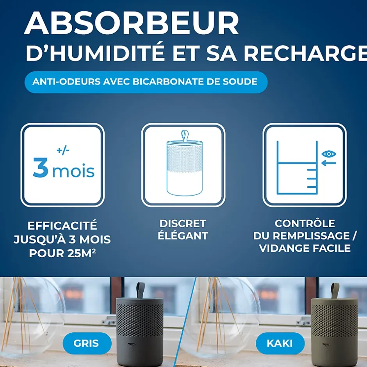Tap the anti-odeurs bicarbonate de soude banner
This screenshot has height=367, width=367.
coord(146,82)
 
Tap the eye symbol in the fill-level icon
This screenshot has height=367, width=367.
coord(329,154)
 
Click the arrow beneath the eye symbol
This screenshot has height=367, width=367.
coord(329,163)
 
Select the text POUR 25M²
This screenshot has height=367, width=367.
coord(63,253)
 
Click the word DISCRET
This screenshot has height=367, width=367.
coord(183,224)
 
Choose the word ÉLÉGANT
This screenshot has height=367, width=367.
coord(183,236)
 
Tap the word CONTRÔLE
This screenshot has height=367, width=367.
coord(305,224)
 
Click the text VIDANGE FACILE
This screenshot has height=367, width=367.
coord(305,248)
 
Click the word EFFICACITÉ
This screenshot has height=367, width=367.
coord(62,226)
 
